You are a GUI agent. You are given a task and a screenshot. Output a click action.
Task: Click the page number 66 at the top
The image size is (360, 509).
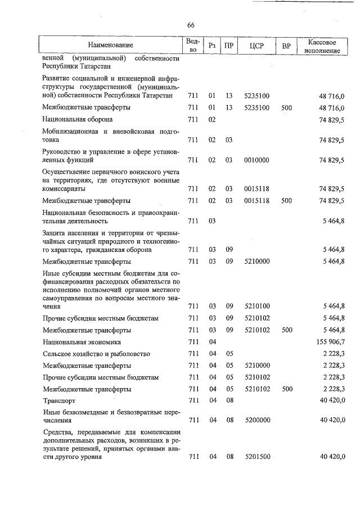click(191, 25)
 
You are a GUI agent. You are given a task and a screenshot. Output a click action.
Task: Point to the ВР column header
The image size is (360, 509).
click(286, 44)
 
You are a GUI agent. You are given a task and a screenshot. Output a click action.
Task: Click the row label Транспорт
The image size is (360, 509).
click(59, 400)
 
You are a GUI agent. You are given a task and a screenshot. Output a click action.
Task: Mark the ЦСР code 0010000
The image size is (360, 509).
click(257, 160)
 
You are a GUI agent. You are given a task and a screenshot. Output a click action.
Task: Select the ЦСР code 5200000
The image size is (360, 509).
click(257, 419)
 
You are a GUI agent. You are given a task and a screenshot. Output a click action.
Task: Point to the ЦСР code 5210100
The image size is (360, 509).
click(257, 306)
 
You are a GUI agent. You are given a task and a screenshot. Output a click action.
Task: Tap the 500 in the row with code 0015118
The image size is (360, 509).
click(287, 200)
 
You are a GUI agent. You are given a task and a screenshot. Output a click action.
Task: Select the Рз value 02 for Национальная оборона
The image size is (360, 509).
click(213, 119)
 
